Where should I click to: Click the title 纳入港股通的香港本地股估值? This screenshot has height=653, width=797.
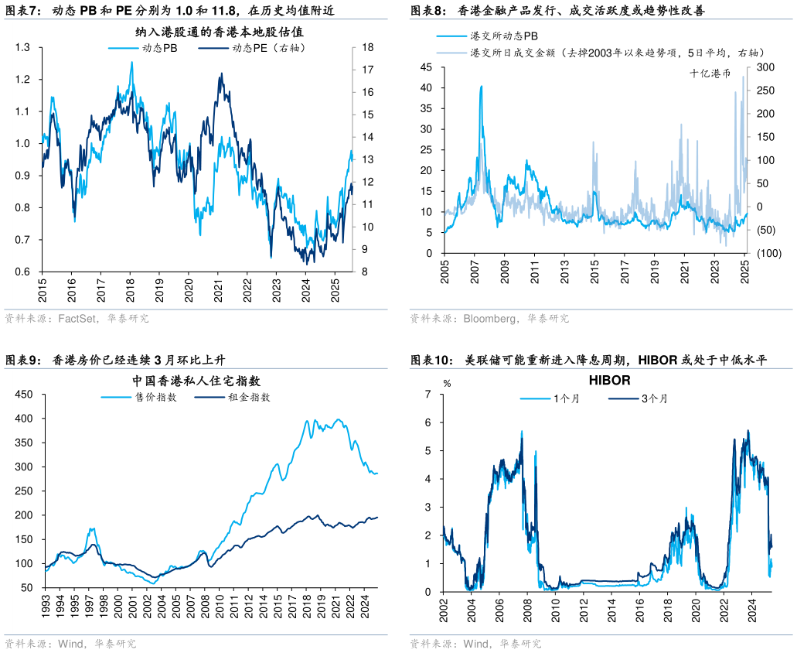(219, 32)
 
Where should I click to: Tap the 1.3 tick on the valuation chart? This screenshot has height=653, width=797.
(22, 48)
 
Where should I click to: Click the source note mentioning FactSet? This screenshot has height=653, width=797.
(77, 318)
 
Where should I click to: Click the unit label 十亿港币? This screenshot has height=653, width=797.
(710, 73)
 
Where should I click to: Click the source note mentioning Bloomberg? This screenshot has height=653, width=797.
(489, 318)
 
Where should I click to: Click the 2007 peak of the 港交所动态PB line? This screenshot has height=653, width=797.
(481, 87)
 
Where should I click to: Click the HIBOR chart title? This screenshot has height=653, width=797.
(609, 381)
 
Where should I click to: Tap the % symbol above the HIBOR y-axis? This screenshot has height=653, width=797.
(446, 382)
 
